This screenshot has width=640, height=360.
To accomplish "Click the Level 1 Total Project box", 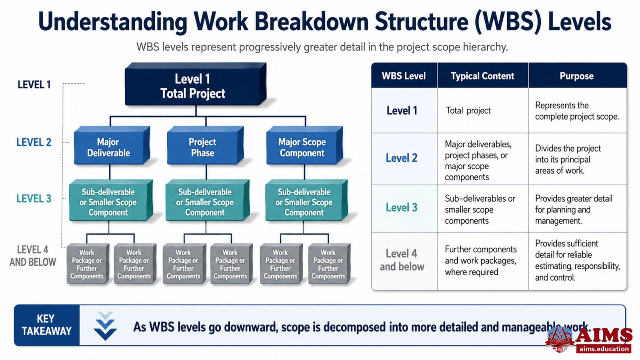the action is (196, 84).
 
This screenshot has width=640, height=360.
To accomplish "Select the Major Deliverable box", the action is (112, 146).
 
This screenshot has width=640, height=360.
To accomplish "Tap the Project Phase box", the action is (206, 146).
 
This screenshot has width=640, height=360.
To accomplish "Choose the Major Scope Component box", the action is (304, 146).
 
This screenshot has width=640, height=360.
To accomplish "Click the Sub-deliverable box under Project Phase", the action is (208, 200).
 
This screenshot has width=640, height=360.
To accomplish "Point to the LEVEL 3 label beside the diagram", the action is (34, 198).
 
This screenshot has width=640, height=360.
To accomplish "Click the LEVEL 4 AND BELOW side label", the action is (33, 256).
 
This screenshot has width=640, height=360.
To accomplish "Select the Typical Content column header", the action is (482, 76).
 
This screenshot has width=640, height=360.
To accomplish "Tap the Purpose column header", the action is (576, 76).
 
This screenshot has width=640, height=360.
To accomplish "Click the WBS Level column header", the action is (404, 76).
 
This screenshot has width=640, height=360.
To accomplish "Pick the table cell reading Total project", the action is (468, 110).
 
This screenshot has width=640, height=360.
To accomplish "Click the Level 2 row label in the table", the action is (402, 158).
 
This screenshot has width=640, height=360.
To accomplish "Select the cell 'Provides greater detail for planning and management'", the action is (574, 210).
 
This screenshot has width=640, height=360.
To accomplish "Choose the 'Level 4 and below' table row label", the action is (402, 260).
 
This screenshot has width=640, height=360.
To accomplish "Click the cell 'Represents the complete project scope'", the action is (577, 111).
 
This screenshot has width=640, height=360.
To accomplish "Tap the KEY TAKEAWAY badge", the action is (46, 325).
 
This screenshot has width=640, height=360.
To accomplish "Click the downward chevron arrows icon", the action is (105, 326).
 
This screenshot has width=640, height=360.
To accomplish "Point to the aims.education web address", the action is (604, 349).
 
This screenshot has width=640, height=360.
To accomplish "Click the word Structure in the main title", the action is (421, 22).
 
